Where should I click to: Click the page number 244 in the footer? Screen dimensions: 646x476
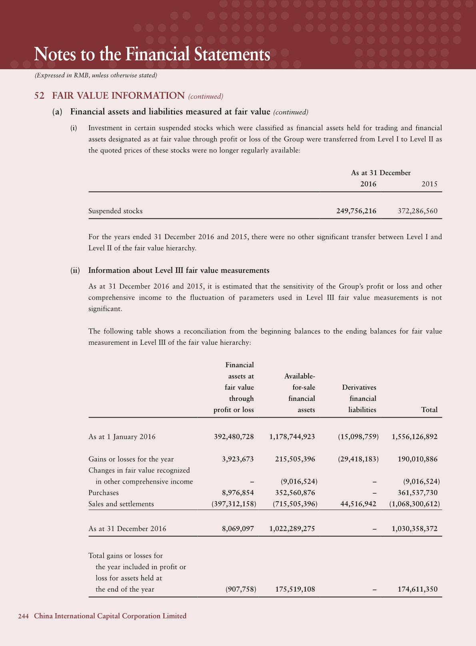pos(23,616)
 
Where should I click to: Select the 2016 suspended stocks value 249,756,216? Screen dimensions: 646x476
pos(356,211)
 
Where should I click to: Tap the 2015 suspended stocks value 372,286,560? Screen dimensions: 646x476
pos(418,211)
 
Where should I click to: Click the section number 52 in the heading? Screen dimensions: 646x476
pos(39,96)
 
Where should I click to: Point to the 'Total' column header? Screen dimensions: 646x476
pos(429,410)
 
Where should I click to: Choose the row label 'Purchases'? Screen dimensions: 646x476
pos(104,493)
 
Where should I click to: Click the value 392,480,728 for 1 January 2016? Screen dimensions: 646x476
pos(234,437)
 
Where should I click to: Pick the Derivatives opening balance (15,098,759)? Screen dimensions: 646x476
pos(358,437)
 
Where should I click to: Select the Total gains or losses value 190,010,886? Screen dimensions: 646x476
pos(418,459)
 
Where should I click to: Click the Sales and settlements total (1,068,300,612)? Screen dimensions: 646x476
pos(414,504)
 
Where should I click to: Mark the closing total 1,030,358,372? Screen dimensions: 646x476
pos(414,529)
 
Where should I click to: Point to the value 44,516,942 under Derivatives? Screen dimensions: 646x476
pos(358,504)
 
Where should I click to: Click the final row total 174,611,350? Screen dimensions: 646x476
pos(418,589)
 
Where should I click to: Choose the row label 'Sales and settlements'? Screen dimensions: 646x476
pos(121,504)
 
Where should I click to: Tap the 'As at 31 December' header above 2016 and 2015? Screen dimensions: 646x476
pos(381,173)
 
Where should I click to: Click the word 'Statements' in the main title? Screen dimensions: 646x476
pos(232,55)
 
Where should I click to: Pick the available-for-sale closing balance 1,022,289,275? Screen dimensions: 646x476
pos(292,529)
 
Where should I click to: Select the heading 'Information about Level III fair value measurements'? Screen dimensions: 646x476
pos(179,270)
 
